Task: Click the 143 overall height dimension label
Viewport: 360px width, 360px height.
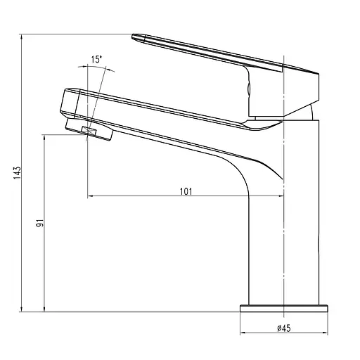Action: click(17, 173)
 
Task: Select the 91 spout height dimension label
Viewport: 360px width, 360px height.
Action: click(39, 223)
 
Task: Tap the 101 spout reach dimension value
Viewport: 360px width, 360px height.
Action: click(186, 191)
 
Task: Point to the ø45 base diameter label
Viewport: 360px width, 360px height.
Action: click(283, 328)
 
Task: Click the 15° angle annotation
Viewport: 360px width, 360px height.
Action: click(96, 59)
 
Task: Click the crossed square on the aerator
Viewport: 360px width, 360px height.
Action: click(89, 131)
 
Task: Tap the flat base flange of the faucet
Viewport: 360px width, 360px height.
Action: click(284, 309)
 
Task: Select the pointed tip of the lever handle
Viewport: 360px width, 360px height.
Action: click(132, 37)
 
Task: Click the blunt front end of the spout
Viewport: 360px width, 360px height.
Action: click(63, 103)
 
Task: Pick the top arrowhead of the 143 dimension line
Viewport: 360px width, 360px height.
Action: click(22, 37)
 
